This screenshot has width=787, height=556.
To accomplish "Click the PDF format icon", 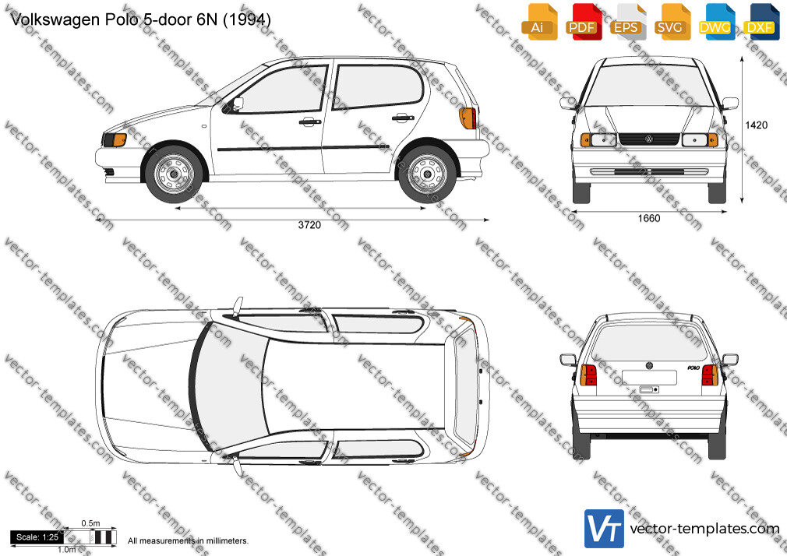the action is click(x=584, y=22).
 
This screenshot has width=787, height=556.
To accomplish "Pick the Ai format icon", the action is click(x=539, y=22).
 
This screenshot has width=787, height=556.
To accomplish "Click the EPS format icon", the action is click(x=628, y=22).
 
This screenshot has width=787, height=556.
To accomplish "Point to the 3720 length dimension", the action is click(x=309, y=225).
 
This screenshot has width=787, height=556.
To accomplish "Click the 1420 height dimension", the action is click(x=757, y=125).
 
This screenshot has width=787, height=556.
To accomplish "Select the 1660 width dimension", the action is click(x=649, y=218).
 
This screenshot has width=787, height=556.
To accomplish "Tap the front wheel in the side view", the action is click(x=174, y=174).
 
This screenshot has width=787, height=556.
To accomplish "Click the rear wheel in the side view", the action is click(x=427, y=174).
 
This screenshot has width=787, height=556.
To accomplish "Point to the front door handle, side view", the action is click(x=309, y=121).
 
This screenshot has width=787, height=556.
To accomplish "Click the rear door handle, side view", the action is click(x=403, y=118).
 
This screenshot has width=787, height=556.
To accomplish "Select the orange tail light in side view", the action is click(x=468, y=118).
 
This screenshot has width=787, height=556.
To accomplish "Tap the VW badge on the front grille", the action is click(x=648, y=139).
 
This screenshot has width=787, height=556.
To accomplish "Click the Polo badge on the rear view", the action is click(x=693, y=368).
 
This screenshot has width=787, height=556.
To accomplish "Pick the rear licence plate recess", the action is click(x=649, y=378).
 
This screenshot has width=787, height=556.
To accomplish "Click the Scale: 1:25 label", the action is click(x=37, y=537).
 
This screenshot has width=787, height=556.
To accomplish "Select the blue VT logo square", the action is click(x=605, y=529).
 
